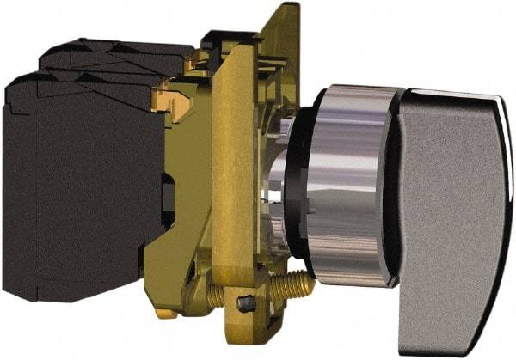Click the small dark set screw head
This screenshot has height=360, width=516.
[246, 302]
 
